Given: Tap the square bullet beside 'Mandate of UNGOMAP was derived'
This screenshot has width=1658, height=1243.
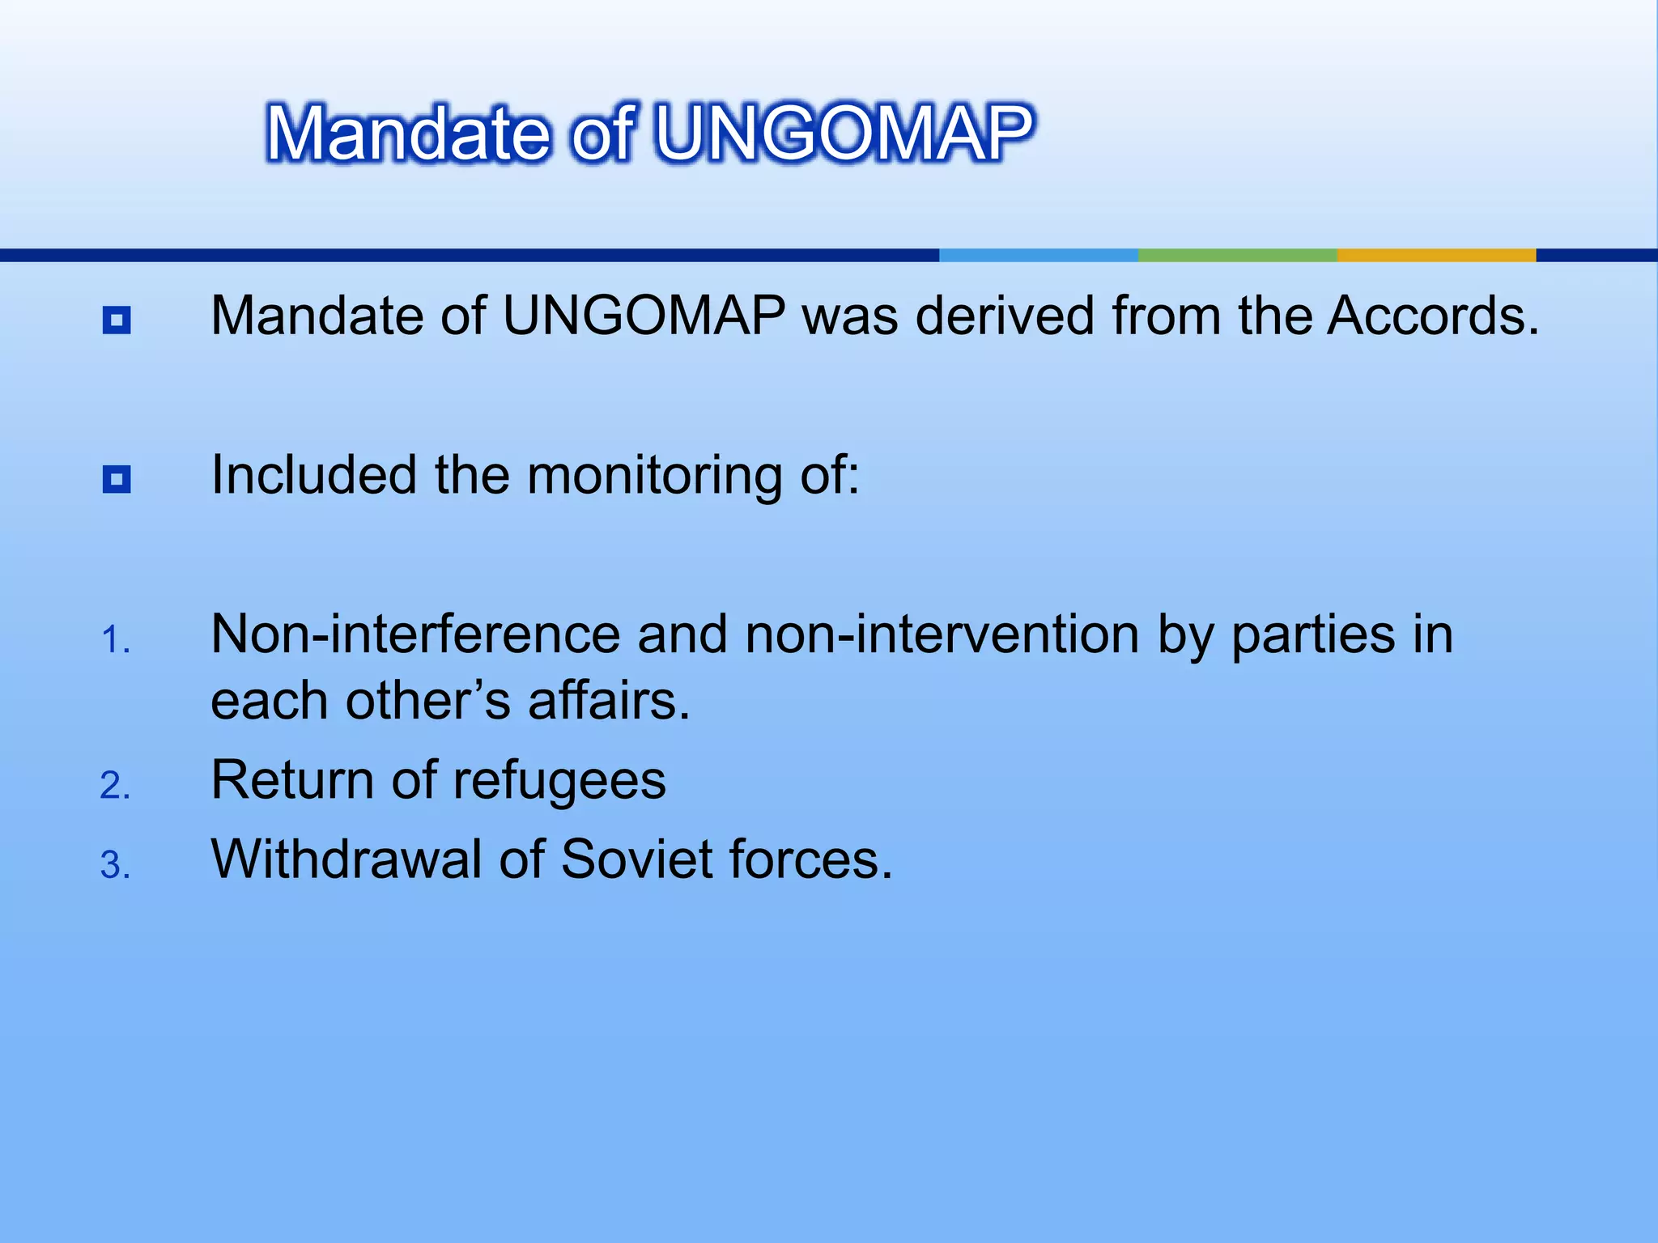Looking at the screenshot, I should coord(117,320).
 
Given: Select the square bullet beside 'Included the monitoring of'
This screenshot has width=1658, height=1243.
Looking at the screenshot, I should coord(117,479).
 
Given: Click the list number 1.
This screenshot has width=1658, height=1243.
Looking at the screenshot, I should coord(115,640).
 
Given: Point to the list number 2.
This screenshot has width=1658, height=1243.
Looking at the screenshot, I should coord(115,786).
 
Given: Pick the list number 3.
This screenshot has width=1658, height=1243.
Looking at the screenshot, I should coord(115,865).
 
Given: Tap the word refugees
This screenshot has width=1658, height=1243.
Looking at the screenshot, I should coord(559,782).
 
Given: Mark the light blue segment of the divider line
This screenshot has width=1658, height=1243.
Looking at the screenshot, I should coord(1039,255).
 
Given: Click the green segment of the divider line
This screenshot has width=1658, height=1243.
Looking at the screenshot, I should coord(1237,255).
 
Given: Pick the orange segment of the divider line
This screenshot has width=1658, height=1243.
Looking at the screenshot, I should coord(1436,255).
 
